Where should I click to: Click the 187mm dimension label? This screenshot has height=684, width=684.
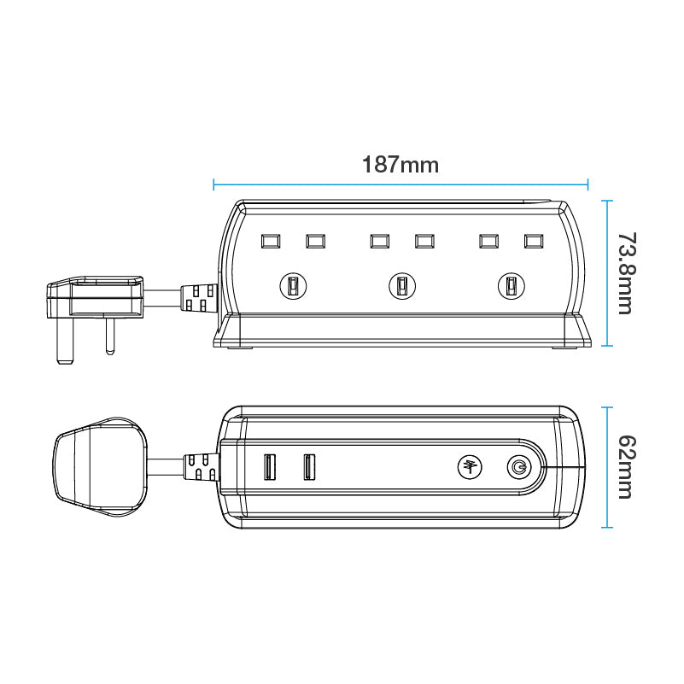coord(400,165)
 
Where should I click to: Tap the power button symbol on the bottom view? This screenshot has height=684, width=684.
coord(517,467)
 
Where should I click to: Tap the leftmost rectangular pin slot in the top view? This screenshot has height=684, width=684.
coord(270,242)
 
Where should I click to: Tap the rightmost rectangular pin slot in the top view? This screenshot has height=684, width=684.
coord(534,242)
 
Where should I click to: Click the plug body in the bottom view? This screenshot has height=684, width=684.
coord(96,467)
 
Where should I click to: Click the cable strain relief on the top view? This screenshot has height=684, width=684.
coord(198,298)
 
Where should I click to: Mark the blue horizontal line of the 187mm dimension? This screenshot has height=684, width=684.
coord(400,183)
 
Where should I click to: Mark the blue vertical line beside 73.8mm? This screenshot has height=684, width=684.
coord(607,272)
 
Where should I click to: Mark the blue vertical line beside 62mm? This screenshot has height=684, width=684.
coord(607,466)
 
